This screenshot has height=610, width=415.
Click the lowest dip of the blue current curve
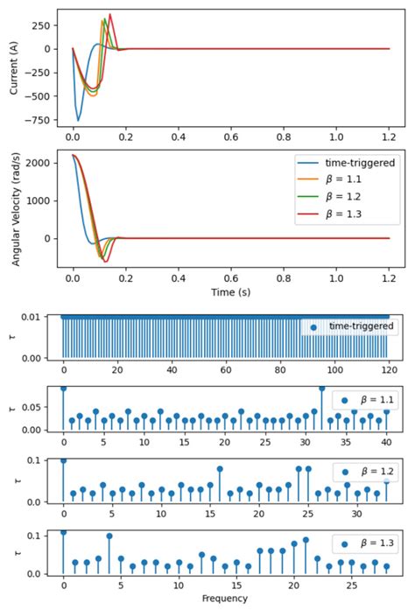78,120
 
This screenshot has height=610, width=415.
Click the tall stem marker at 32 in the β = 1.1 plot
321,388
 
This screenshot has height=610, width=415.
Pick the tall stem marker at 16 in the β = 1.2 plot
220,468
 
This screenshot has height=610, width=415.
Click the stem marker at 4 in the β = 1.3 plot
109,536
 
